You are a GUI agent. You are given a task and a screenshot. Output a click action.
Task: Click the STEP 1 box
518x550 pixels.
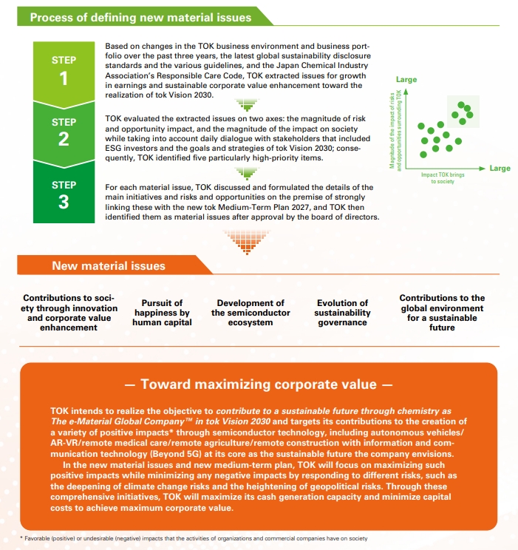point(64,69)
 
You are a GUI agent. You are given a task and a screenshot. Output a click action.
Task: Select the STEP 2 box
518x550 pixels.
point(64,131)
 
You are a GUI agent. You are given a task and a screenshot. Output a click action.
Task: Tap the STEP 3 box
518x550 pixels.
point(64,193)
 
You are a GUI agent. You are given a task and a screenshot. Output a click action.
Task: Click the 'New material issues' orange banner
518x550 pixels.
point(109,266)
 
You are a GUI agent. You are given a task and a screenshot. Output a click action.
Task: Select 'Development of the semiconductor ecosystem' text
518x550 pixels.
point(250,313)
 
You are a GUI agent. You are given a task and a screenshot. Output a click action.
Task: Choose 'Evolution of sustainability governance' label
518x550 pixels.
point(342,313)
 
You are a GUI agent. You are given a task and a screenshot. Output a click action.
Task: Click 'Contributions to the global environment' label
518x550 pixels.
point(442,303)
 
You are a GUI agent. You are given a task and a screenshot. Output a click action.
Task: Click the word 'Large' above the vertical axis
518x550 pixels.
point(406,79)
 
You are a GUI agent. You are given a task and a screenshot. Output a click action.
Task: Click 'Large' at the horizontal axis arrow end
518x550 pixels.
point(500,169)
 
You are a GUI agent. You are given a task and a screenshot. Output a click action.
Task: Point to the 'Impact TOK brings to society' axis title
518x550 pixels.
point(443,177)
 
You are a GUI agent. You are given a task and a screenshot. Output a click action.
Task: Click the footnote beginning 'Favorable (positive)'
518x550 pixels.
point(194,538)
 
